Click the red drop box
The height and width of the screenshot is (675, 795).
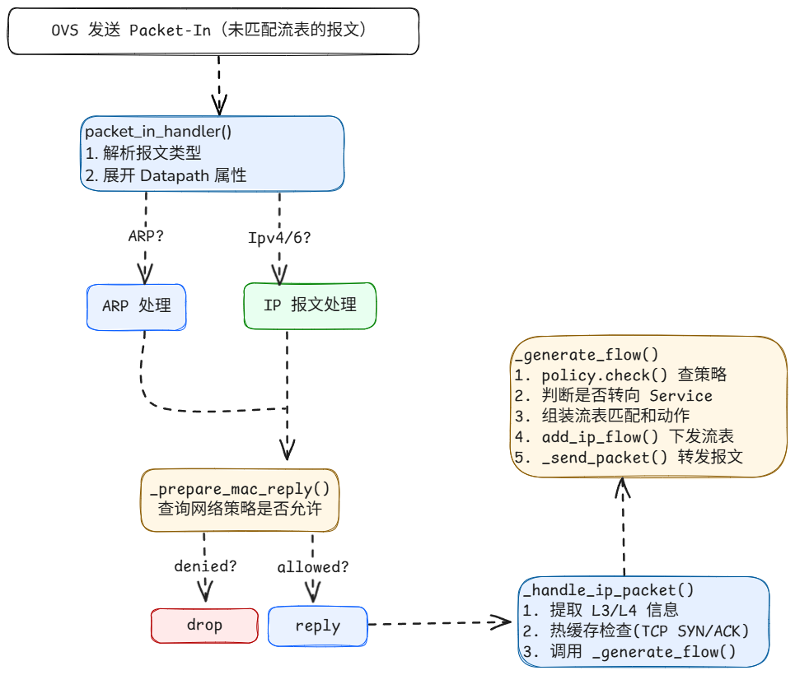click(203, 626)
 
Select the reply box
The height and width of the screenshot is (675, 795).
click(317, 626)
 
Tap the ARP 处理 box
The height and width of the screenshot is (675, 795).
click(137, 306)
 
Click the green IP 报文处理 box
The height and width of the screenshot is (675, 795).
click(310, 305)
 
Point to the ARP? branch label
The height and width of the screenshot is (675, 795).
click(146, 236)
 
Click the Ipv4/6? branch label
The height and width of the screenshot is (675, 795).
click(279, 238)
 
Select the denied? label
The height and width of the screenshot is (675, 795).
click(205, 566)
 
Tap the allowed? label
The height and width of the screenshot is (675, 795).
click(312, 567)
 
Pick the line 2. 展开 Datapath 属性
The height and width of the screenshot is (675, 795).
click(166, 175)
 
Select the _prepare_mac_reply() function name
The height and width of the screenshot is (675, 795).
click(240, 489)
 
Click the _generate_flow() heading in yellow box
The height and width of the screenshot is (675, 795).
click(586, 356)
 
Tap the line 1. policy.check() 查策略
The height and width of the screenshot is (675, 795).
click(620, 375)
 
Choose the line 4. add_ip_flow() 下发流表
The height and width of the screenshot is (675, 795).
click(624, 436)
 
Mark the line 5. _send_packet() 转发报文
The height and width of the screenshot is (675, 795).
click(629, 457)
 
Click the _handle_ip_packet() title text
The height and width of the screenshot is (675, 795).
click(608, 589)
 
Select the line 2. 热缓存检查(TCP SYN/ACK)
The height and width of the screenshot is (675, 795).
click(636, 631)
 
